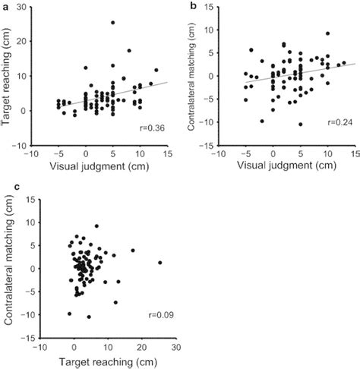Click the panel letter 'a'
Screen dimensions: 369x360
5,5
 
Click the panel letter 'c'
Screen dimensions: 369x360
5,188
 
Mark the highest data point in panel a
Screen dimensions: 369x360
112,23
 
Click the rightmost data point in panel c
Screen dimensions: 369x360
160,263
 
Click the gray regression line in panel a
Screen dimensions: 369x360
114,93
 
